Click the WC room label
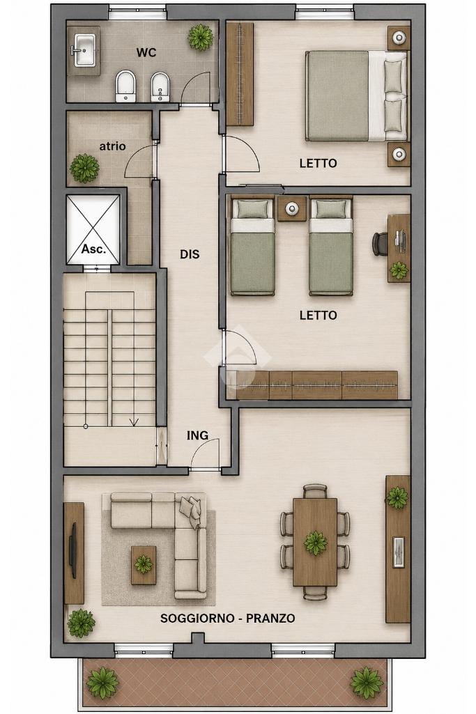(x=146, y=52)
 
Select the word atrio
(x=112, y=146)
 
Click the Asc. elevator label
(x=94, y=249)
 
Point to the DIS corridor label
(x=190, y=254)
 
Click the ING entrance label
(x=197, y=435)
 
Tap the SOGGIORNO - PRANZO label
(x=228, y=618)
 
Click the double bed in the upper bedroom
(x=356, y=95)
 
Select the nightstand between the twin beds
(x=291, y=208)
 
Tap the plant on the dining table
(x=316, y=543)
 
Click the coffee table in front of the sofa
(x=144, y=565)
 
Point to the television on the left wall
(x=73, y=550)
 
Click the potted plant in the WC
(x=201, y=37)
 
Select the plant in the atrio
(x=84, y=168)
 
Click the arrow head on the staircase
(x=134, y=422)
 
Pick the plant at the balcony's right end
(x=367, y=683)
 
